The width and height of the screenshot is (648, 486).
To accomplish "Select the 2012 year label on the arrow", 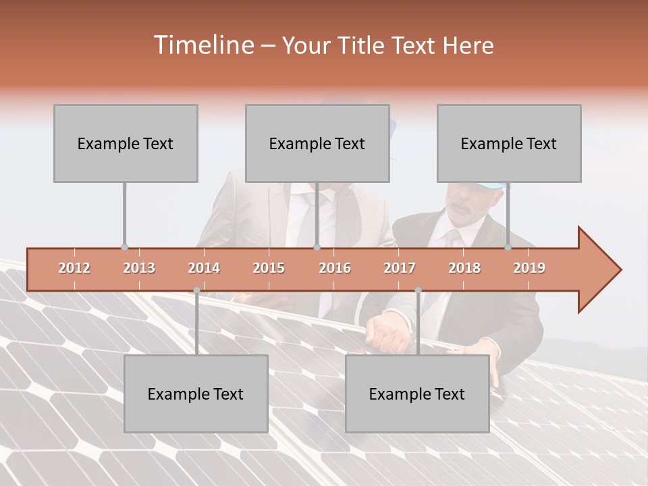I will click(x=74, y=268).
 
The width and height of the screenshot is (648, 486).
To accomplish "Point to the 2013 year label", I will click(x=139, y=268).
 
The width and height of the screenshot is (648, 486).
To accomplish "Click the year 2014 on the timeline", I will click(x=204, y=268).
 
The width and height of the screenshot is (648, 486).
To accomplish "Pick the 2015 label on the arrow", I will click(x=269, y=268).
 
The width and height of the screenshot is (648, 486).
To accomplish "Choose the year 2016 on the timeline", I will click(x=335, y=268).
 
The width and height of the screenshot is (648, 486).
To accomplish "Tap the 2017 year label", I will click(x=400, y=268).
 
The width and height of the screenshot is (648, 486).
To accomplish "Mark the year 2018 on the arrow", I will click(x=464, y=268).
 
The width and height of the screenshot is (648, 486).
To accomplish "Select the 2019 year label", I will click(x=529, y=268).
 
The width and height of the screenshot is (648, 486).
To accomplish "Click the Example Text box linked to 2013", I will click(x=126, y=143).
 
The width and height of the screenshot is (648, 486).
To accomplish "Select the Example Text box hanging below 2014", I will click(x=196, y=394).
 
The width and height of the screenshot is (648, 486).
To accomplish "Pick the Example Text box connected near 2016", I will click(x=317, y=143).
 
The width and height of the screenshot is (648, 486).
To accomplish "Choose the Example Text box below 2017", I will click(x=417, y=394).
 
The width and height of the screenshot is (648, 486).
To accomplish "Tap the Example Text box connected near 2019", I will click(x=509, y=143).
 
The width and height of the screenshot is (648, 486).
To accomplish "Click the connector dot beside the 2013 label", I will click(x=124, y=247).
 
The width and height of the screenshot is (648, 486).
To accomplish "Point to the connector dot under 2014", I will click(x=196, y=290).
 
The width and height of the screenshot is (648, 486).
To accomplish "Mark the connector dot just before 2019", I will click(x=508, y=247).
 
